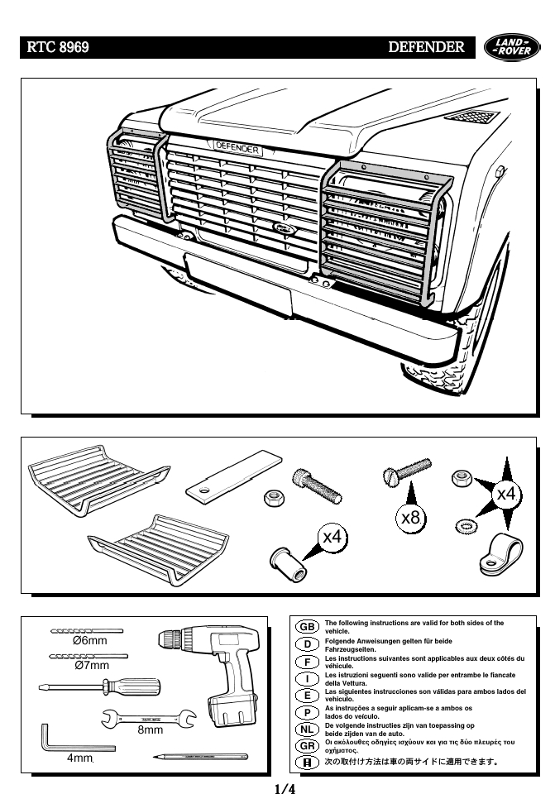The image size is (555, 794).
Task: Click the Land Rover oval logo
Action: pos(508,47)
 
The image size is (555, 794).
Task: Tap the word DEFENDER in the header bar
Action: pos(426,47)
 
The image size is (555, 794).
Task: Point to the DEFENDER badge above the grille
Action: pos(237,148)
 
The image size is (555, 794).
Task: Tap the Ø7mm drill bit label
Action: pos(91,665)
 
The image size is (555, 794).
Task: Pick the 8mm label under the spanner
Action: pos(150,730)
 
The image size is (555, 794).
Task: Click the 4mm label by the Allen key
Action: pos(80,758)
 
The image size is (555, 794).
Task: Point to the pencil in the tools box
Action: pos(200,755)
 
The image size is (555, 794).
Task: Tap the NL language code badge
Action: pos(307,729)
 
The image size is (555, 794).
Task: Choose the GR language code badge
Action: pos(307,745)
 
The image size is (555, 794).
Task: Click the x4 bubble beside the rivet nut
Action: pos(333,537)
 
